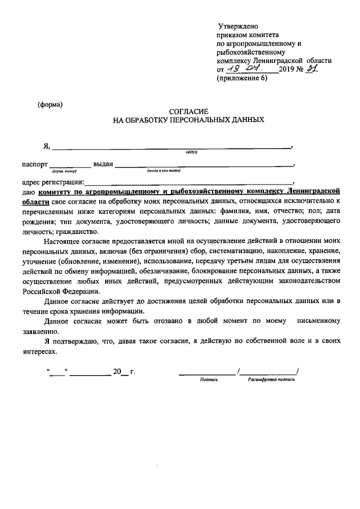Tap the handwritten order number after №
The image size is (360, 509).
[x=310, y=69]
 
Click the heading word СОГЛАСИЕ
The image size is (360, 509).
[x=188, y=112]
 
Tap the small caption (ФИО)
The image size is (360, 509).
[x=191, y=152]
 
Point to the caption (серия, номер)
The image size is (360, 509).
[x=64, y=170]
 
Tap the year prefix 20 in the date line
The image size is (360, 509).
[x=117, y=372]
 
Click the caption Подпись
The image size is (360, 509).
[x=208, y=380]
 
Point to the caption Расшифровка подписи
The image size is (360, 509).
[x=271, y=380]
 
